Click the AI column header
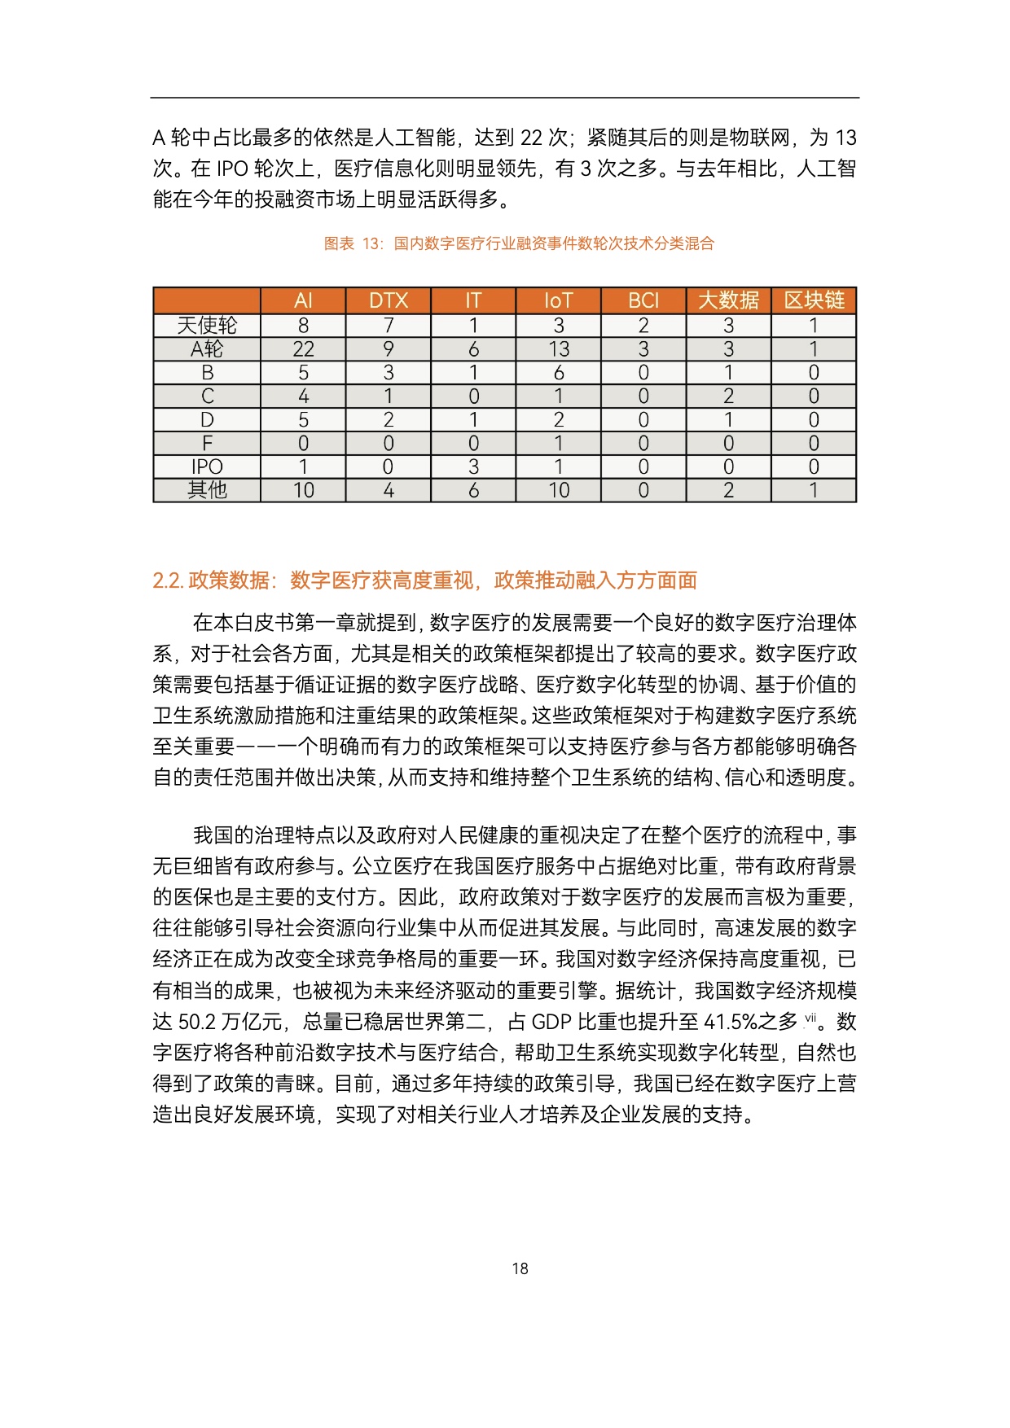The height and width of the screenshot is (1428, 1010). pyautogui.click(x=303, y=300)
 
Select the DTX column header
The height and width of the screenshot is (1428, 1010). pyautogui.click(x=388, y=300)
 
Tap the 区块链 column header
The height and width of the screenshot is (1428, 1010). pyautogui.click(x=813, y=300)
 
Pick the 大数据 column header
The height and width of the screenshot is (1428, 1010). pyautogui.click(x=728, y=300)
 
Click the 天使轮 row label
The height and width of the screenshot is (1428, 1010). pyautogui.click(x=207, y=326)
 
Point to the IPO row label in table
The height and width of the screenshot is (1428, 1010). pyautogui.click(x=207, y=467)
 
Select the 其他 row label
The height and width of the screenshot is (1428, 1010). pyautogui.click(x=207, y=490)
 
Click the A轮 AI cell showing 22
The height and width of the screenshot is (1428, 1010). pyautogui.click(x=303, y=349)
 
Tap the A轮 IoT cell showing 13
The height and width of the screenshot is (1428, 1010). pyautogui.click(x=558, y=349)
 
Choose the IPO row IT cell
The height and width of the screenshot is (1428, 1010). pyautogui.click(x=473, y=467)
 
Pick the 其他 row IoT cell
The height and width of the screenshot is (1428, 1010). pyautogui.click(x=558, y=490)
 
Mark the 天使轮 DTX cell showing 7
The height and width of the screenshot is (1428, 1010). pyautogui.click(x=388, y=326)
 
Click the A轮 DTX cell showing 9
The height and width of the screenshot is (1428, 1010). pyautogui.click(x=388, y=349)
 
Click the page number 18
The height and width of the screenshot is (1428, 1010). pyautogui.click(x=520, y=1268)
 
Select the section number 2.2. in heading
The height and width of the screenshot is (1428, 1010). pyautogui.click(x=168, y=580)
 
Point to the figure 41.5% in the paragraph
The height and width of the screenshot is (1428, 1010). pyautogui.click(x=731, y=1022)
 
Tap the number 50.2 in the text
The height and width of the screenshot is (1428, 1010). pyautogui.click(x=195, y=1022)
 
